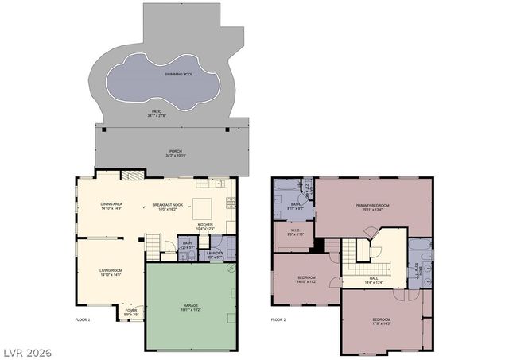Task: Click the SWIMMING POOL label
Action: tap(178, 74)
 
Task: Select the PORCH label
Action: tap(174, 151)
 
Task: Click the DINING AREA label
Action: tap(111, 205)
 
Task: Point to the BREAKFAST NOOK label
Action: tap(167, 205)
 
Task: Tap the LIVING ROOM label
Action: tap(111, 271)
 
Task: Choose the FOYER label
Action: tap(131, 310)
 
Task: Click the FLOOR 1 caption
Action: tap(83, 319)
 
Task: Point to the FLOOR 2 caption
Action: tap(278, 319)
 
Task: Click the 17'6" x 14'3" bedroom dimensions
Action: tap(383, 323)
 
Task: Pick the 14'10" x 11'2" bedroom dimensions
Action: tap(306, 281)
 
